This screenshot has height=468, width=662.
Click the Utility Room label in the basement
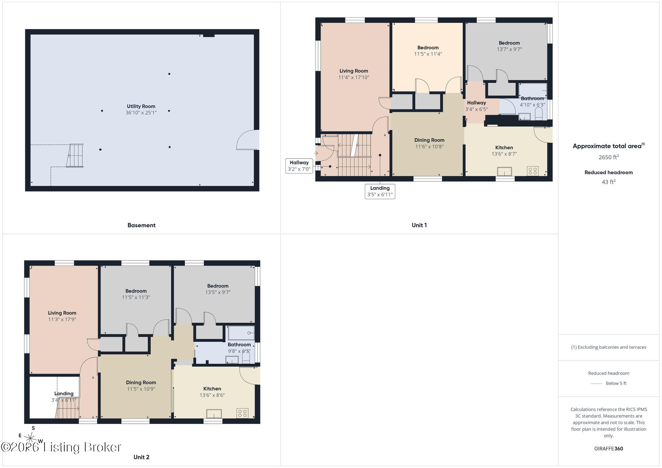141,106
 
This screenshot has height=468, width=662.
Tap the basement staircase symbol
75,155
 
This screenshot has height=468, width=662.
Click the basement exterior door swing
248,140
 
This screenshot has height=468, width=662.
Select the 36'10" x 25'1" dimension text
141,113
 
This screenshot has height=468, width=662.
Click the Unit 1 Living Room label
354,71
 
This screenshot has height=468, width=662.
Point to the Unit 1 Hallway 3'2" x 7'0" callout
299,166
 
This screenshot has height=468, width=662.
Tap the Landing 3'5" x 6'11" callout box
380,191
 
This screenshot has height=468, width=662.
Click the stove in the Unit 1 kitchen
532,171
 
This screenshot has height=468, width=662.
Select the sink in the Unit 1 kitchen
505,171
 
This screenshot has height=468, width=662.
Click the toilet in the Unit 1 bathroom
539,114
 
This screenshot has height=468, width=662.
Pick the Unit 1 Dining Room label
429,140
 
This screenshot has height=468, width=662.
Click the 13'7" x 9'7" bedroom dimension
509,49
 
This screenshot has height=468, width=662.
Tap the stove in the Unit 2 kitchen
242,413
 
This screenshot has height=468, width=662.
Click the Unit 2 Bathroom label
239,345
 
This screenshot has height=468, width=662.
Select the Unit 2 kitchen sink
214,413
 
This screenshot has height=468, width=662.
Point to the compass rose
30,438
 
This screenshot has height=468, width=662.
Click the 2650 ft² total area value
609,157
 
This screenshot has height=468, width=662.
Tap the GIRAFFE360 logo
609,449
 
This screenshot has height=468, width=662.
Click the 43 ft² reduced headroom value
609,182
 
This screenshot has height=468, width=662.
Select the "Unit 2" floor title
141,457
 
